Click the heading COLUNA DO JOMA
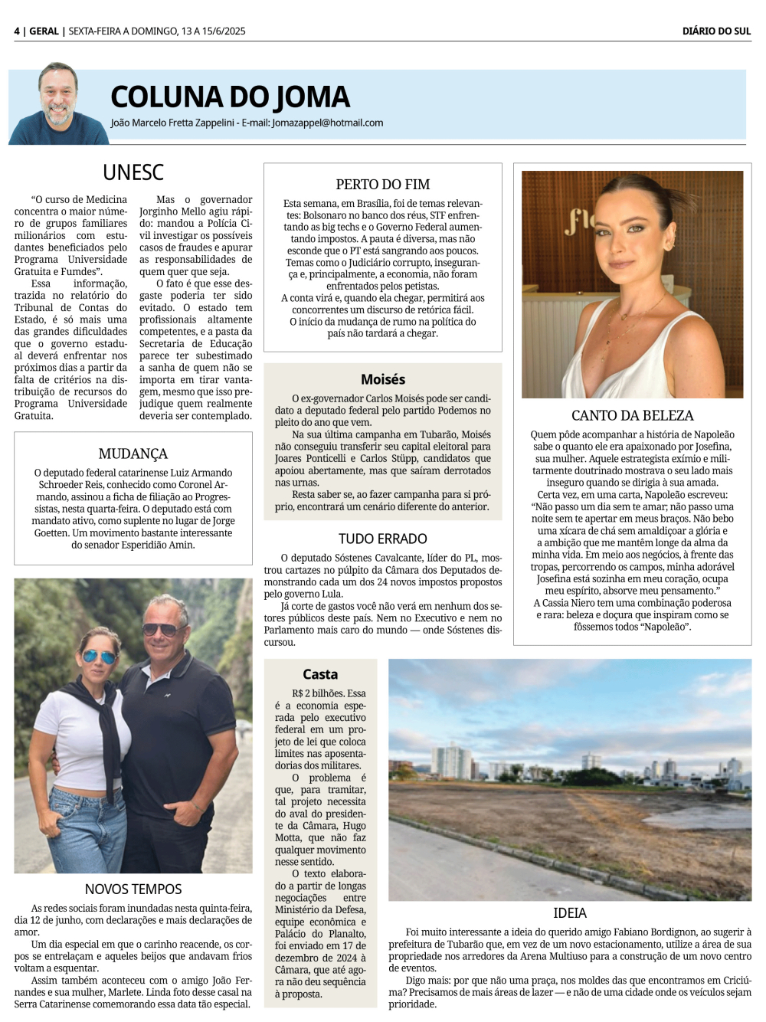click(x=230, y=97)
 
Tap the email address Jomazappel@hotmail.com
click(x=327, y=123)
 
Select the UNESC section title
click(x=133, y=172)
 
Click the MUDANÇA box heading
click(x=133, y=454)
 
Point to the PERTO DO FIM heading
click(x=383, y=184)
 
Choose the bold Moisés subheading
click(x=383, y=379)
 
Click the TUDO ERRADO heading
click(x=383, y=539)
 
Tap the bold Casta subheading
click(x=320, y=674)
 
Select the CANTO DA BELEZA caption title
click(x=632, y=415)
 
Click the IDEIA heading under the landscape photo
click(x=570, y=913)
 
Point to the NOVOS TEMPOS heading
click(x=133, y=889)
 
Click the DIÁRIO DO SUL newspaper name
click(x=716, y=31)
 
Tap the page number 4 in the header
click(x=17, y=31)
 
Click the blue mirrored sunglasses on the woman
click(x=98, y=657)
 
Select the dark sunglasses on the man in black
click(x=160, y=629)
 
